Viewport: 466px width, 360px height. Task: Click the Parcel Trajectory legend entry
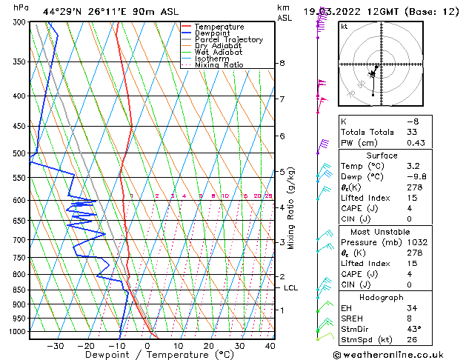pyautogui.click(x=228, y=39)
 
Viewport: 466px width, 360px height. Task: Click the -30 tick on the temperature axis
pyautogui.click(x=56, y=345)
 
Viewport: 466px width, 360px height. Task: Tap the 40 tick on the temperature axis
pyautogui.click(x=270, y=345)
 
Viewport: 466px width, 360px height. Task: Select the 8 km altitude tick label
pyautogui.click(x=282, y=64)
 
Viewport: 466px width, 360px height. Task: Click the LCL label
pyautogui.click(x=290, y=287)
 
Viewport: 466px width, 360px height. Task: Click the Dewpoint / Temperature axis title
pyautogui.click(x=150, y=355)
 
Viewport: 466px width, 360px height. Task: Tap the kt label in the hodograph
pyautogui.click(x=344, y=27)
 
